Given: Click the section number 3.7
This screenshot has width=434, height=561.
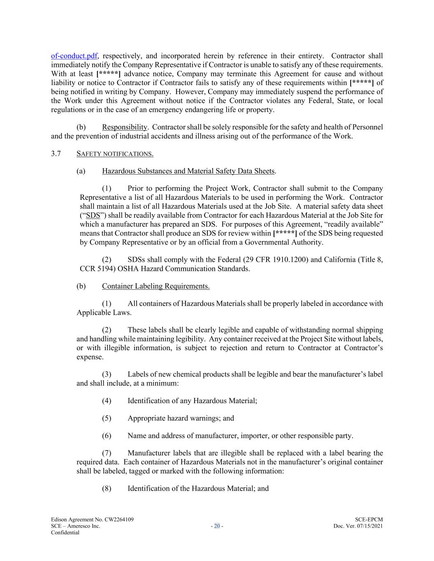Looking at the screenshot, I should [x=56, y=154].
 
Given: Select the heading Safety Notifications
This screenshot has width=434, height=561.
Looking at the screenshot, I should [x=115, y=154].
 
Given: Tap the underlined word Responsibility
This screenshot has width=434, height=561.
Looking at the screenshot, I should [x=125, y=127].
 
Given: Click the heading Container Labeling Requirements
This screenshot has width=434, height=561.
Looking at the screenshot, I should [x=155, y=286].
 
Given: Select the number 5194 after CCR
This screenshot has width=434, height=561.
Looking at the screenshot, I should [x=102, y=269].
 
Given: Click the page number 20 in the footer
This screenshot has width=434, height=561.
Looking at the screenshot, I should [x=217, y=526].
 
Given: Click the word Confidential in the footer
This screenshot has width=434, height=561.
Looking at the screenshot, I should [x=65, y=533].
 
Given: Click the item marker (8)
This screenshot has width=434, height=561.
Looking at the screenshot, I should [x=107, y=488].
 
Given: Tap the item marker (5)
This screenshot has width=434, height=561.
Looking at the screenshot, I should [x=107, y=418].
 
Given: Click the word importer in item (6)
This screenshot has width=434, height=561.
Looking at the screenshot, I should [x=268, y=436].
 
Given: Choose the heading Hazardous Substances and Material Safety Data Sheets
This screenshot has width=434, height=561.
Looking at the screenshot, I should [x=188, y=171].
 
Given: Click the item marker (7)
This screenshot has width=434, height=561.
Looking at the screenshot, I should [x=107, y=453].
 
